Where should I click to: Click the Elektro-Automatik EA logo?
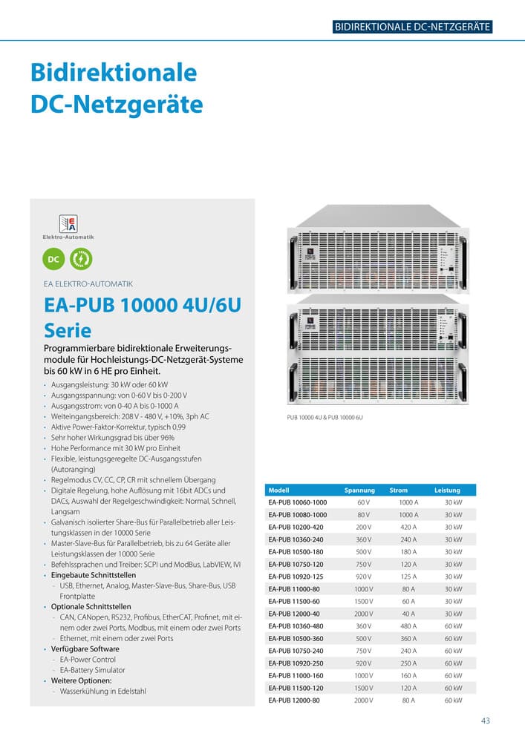pos(68,224)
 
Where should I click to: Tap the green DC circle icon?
pos(53,259)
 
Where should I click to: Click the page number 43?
pos(486,720)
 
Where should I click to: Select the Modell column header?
pos(278,490)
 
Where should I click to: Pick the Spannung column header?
pos(359,490)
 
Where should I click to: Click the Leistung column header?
pos(447,490)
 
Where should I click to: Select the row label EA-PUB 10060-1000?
pos(297,502)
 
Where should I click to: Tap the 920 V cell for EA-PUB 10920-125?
pos(363,577)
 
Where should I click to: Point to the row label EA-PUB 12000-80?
pos(294,700)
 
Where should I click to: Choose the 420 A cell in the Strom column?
pos(408,527)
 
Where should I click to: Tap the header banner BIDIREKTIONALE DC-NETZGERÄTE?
pos(413,27)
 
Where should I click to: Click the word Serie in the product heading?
pos(68,330)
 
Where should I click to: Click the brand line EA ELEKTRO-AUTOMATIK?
pos(89,283)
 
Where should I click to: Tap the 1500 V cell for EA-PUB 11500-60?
pos(363,601)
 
